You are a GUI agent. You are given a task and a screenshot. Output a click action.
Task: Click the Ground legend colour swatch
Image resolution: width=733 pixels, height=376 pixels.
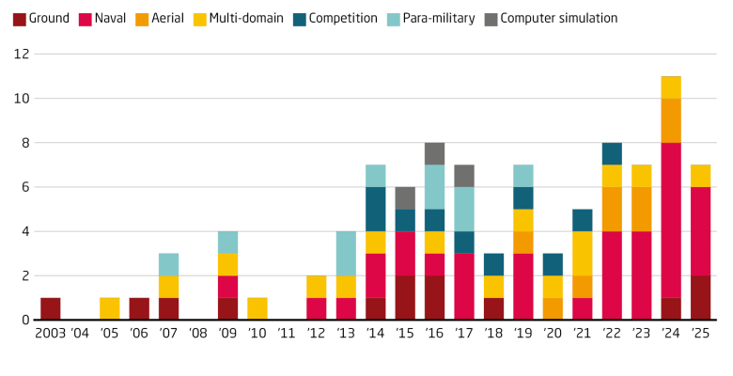click(19, 18)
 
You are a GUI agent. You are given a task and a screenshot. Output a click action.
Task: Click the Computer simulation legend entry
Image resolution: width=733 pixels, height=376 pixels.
click(558, 18)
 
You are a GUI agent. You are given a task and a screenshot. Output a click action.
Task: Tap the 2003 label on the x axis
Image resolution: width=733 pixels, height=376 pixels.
click(51, 334)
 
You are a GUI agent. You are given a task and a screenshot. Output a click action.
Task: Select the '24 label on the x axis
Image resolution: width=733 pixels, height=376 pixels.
click(670, 334)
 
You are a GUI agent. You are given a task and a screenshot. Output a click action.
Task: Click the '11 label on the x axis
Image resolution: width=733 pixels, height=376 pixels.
click(287, 334)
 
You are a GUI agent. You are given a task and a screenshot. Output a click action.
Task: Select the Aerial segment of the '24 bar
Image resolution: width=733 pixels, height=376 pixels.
click(670, 120)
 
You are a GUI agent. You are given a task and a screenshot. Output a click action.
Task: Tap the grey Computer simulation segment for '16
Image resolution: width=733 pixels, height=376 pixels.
click(434, 153)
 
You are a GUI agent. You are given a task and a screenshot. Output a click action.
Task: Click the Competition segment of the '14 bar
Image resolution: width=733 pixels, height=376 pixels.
click(375, 209)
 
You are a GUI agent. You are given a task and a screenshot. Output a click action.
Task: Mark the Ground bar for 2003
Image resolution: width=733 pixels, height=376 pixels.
click(51, 308)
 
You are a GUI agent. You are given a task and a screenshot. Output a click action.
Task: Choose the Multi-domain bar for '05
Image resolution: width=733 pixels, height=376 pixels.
click(109, 308)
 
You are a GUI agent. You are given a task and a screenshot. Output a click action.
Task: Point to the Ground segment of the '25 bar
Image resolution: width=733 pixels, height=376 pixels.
click(700, 297)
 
